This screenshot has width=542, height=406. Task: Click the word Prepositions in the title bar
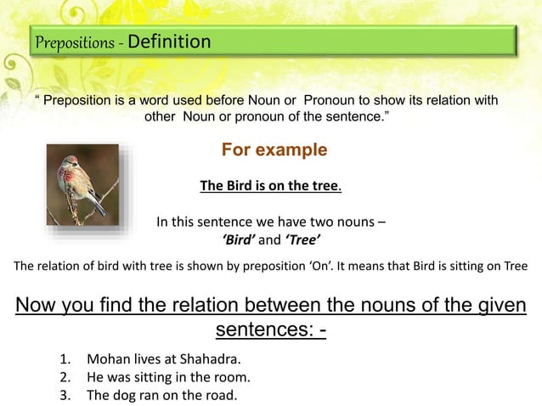pos(75,42)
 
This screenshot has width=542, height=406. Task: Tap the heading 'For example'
pos(274,150)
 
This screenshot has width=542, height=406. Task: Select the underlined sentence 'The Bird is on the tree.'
pos(270,186)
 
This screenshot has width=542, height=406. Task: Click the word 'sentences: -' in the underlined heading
pos(271,328)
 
